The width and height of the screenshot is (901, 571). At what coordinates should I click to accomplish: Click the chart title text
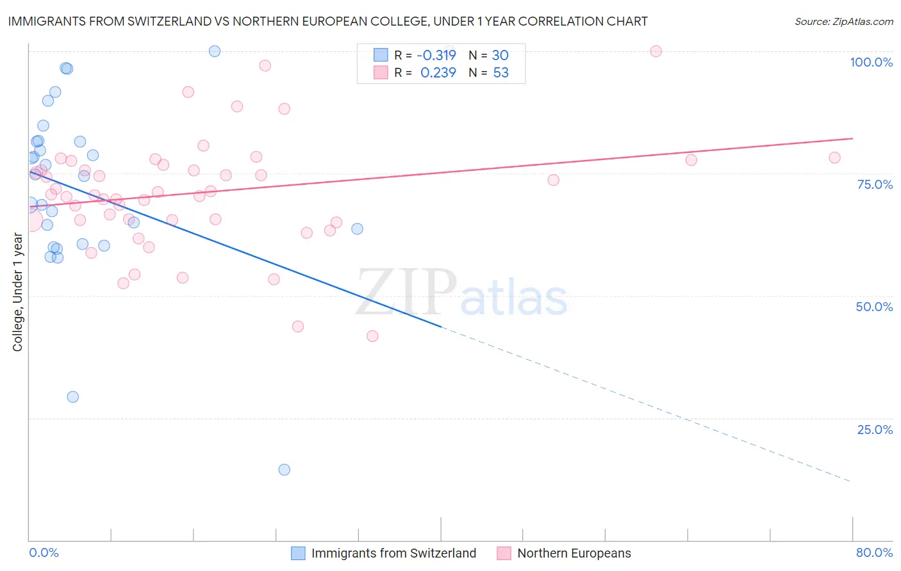(327, 21)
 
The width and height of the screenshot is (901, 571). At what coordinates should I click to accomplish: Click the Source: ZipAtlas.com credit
(843, 21)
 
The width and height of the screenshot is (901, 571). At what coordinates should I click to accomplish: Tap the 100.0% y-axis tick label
(871, 62)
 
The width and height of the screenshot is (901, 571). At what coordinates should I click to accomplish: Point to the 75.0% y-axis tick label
(875, 184)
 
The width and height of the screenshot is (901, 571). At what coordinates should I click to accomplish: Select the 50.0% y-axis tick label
(874, 307)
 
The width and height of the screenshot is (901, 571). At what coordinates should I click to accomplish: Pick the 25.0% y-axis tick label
(875, 429)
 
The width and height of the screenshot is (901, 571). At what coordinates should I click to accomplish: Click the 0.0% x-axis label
(44, 552)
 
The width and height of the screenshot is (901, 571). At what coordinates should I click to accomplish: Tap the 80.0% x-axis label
(874, 552)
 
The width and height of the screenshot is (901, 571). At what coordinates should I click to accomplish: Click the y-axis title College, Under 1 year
(18, 293)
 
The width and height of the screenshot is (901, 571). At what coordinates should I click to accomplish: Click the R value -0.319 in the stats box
(436, 55)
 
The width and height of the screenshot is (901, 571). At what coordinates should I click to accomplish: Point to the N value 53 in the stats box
(500, 73)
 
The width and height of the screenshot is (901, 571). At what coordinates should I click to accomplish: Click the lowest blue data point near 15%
(285, 470)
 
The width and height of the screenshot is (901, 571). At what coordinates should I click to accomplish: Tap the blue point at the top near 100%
(215, 51)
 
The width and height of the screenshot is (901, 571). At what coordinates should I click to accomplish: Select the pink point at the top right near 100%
(656, 51)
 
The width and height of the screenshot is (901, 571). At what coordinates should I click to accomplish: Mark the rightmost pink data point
(834, 157)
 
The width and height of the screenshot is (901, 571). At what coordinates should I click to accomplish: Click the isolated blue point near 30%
(73, 397)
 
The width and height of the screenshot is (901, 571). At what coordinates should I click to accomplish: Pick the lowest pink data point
(372, 336)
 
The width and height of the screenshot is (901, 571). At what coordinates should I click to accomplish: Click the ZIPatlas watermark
(461, 293)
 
